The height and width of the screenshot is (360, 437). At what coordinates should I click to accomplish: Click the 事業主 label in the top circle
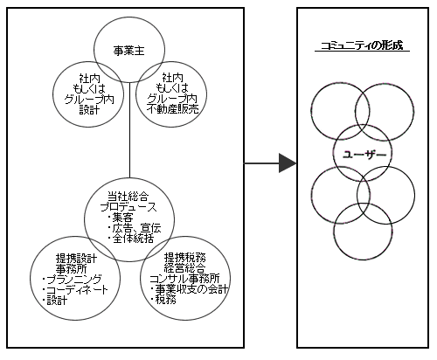(129, 52)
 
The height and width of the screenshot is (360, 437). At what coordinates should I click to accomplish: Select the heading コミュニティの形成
(362, 46)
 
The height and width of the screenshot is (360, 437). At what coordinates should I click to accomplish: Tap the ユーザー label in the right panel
(364, 155)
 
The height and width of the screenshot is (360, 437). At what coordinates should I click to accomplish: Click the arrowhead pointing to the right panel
(288, 163)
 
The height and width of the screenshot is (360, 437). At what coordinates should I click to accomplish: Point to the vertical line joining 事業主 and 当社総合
(129, 130)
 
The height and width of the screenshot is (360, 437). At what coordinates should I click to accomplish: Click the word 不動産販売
(173, 109)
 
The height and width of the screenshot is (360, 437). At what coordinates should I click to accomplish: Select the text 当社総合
(128, 196)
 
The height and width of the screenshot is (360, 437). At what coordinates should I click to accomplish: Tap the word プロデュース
(128, 207)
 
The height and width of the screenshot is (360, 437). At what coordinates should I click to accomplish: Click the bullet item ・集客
(120, 218)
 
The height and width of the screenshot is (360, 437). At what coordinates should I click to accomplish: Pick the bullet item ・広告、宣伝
(134, 228)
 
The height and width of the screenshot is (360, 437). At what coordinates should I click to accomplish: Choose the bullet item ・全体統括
(130, 239)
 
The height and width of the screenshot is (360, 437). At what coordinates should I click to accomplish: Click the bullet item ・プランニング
(72, 279)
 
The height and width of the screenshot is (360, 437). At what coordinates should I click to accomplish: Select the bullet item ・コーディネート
(74, 290)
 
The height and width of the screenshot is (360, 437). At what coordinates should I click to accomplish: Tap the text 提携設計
(76, 258)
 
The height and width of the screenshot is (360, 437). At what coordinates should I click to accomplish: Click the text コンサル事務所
(184, 279)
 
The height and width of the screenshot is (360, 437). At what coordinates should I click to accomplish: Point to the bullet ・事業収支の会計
(189, 289)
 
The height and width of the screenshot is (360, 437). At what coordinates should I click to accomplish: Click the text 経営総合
(184, 268)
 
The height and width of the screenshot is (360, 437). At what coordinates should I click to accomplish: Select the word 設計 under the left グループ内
(89, 110)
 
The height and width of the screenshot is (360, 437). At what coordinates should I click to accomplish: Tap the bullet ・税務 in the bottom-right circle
(163, 300)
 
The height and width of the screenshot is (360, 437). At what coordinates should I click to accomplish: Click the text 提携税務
(184, 258)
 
